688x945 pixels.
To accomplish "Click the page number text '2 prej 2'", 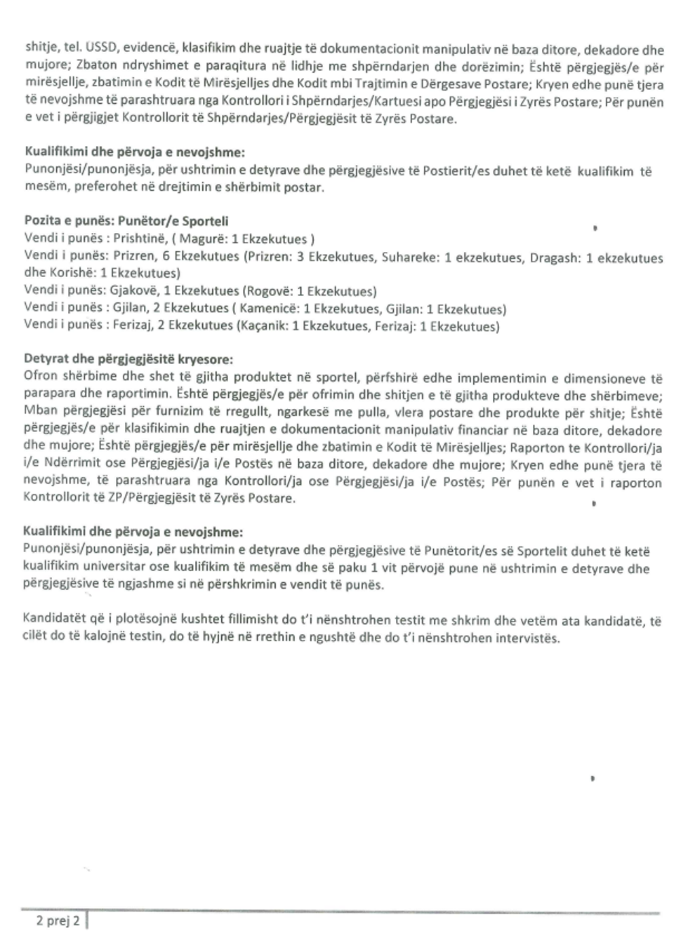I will (x=58, y=920).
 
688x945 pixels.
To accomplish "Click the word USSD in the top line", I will (x=102, y=48).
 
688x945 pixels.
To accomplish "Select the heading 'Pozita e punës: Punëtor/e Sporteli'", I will (x=126, y=222).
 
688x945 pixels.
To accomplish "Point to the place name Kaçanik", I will (x=264, y=326).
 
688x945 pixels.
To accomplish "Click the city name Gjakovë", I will (x=133, y=291).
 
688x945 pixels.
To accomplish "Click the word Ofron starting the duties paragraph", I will (x=41, y=377).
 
